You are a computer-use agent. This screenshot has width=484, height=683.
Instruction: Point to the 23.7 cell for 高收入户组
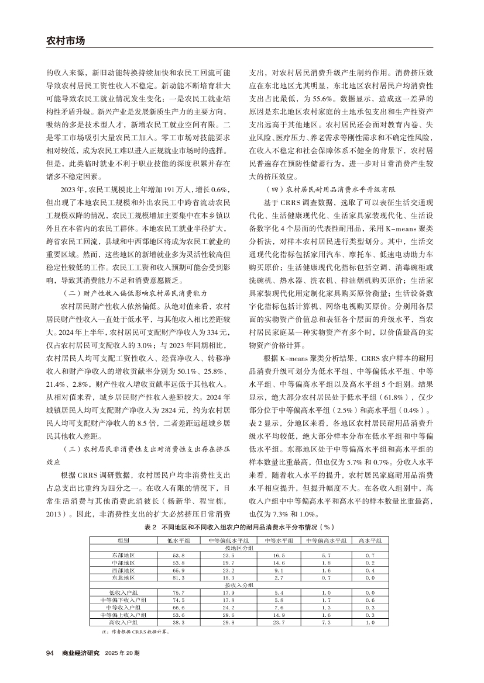pos(278,622)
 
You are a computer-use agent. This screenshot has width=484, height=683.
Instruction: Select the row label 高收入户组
pos(123,622)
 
